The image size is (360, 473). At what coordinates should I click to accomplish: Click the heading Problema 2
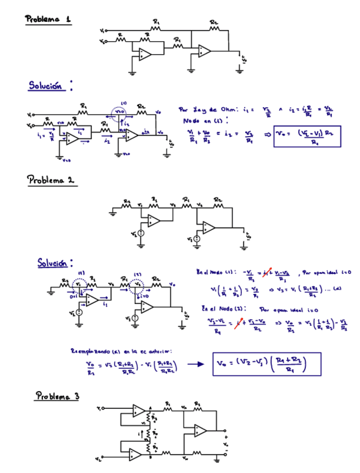[52, 180]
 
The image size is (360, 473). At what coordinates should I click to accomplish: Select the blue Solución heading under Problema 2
[56, 262]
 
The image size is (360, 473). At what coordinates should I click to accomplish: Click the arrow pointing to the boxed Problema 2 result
[193, 365]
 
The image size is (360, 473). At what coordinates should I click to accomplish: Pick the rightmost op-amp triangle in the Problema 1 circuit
[204, 52]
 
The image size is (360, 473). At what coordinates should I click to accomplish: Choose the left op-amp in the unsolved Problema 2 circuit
[152, 221]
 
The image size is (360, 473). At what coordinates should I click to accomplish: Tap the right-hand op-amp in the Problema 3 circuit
[201, 431]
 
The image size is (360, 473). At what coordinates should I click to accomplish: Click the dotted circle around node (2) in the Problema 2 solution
[137, 284]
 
